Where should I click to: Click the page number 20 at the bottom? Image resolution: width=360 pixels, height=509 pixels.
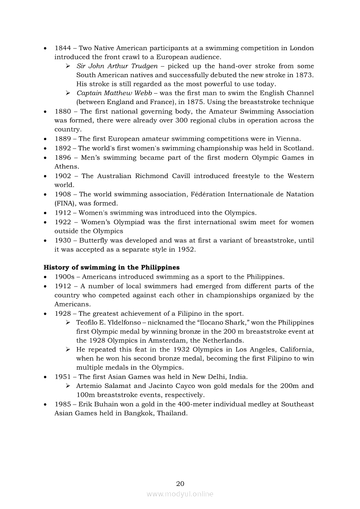(180, 483)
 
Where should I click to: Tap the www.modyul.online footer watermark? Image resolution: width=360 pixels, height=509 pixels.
(180, 494)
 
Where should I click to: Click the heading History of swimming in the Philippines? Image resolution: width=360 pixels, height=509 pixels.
(112, 267)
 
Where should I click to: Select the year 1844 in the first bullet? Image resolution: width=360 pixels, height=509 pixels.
(63, 48)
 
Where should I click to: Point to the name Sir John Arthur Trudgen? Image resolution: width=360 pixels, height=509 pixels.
(117, 66)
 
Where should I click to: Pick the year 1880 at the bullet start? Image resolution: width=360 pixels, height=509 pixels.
(63, 111)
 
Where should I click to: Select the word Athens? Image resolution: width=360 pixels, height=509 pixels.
(67, 167)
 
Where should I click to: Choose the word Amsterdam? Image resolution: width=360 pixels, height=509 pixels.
(172, 340)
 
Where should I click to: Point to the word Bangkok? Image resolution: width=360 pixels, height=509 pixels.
(139, 414)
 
